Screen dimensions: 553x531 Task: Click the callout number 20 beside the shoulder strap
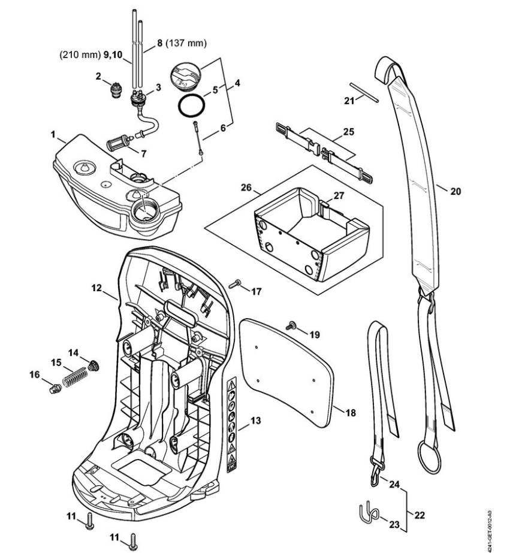pos(456,193)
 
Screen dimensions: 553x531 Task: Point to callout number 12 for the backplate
pos(96,288)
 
